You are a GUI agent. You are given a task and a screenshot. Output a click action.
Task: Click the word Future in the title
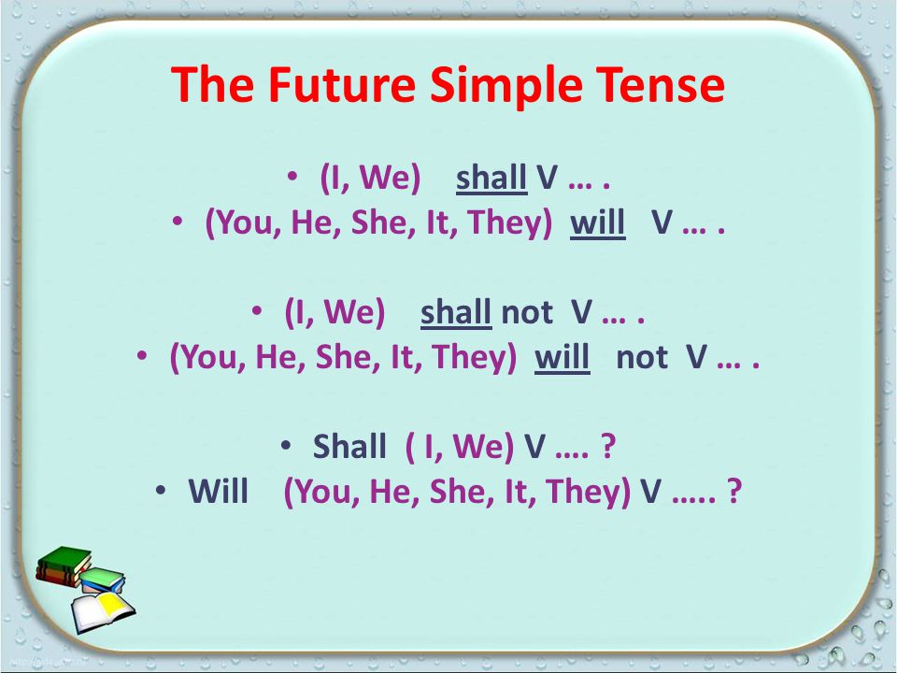[342, 84]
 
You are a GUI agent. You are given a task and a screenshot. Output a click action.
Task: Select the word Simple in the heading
[505, 86]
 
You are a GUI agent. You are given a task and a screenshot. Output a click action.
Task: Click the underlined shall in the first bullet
[491, 178]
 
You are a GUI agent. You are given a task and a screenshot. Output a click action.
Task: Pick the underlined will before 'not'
[562, 358]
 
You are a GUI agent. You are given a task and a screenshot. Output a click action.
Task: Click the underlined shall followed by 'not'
[456, 312]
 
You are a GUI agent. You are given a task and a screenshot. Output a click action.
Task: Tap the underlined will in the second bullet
[598, 222]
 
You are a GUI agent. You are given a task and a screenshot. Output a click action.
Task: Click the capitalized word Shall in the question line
[349, 447]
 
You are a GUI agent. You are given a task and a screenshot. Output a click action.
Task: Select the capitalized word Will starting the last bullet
[219, 492]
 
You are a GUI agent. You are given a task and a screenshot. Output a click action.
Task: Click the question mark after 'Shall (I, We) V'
[608, 447]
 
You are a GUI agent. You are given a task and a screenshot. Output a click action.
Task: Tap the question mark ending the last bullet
[734, 492]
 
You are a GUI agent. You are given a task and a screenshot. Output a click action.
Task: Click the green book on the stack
[64, 559]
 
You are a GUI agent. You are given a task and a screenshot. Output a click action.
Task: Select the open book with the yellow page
[103, 612]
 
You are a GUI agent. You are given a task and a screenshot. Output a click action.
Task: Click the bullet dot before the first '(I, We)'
[292, 176]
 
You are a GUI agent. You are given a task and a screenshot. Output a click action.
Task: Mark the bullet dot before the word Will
[161, 490]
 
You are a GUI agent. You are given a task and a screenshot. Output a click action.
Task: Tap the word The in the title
[212, 84]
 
